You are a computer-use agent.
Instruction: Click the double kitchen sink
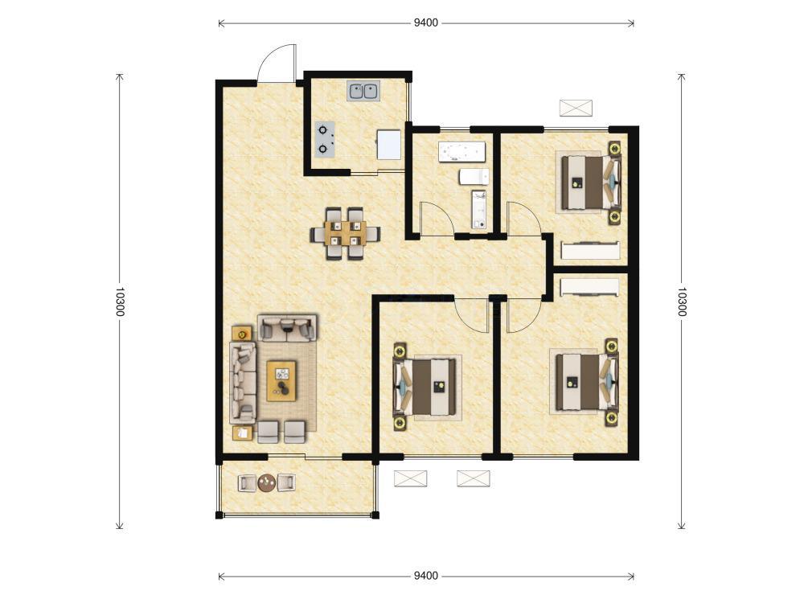363,92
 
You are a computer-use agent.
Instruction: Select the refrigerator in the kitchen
388,145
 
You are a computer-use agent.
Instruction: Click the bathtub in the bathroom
461,152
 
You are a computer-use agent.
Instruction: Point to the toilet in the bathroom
474,177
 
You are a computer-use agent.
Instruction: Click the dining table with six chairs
345,233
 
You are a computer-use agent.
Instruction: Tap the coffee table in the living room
281,381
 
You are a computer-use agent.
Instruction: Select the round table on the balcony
267,482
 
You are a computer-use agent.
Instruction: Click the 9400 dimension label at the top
425,23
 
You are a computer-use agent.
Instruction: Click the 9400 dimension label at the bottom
425,576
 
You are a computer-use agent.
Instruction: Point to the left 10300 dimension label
120,301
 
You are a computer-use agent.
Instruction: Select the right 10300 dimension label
681,301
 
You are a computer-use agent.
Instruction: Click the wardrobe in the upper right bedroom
591,250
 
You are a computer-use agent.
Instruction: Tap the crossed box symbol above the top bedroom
576,109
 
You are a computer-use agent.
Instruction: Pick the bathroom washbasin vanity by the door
479,210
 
